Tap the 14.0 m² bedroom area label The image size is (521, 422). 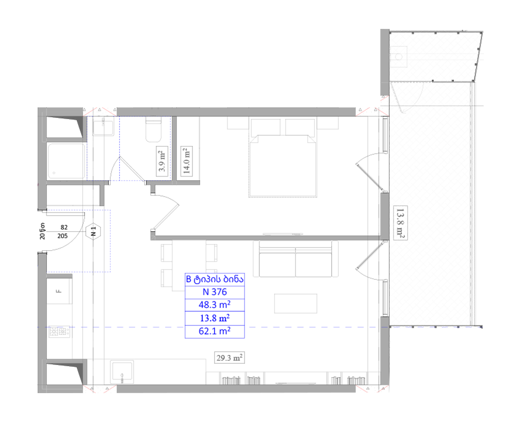(x=186, y=161)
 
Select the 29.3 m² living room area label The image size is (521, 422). (x=229, y=358)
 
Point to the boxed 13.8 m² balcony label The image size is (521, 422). (x=400, y=223)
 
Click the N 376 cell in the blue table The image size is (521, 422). (x=215, y=292)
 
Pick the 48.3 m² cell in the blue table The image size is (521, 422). (x=215, y=305)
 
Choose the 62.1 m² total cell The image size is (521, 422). (x=215, y=331)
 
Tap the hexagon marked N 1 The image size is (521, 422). (x=93, y=231)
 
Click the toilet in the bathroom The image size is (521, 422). (x=154, y=130)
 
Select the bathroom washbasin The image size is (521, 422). (x=103, y=127)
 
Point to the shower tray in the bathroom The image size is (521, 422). (x=66, y=161)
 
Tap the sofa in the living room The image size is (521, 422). (x=296, y=259)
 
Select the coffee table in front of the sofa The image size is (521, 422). (x=296, y=303)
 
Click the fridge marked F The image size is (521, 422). (x=59, y=291)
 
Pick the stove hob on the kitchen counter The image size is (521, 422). (x=59, y=331)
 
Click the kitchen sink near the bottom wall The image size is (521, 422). (x=122, y=371)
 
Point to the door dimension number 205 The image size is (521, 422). (x=62, y=236)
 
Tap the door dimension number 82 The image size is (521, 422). (x=64, y=228)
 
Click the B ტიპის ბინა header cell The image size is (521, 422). (x=215, y=280)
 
